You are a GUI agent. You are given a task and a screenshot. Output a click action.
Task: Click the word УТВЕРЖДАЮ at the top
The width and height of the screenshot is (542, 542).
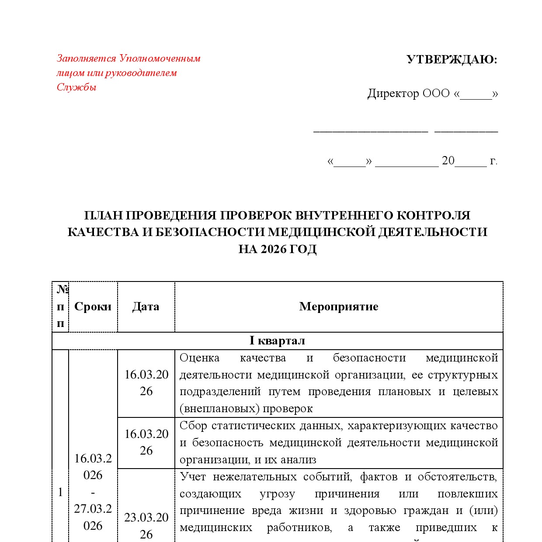click(452, 59)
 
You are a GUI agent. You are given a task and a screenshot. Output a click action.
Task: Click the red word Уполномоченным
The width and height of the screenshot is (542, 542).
click(160, 58)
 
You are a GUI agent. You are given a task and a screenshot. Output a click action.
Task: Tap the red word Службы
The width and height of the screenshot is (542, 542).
click(76, 87)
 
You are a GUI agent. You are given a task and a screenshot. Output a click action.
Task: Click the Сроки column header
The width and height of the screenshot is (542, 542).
click(93, 306)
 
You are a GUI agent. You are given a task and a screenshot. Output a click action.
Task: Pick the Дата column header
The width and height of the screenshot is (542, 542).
click(146, 306)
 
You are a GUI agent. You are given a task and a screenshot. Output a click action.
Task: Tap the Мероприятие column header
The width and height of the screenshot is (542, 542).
click(338, 306)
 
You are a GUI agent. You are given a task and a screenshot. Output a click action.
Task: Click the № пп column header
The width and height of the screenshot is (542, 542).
click(60, 306)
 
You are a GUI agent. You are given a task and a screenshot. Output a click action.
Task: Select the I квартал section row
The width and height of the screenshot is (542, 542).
click(277, 340)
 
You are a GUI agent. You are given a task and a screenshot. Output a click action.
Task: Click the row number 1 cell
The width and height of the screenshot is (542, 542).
click(60, 492)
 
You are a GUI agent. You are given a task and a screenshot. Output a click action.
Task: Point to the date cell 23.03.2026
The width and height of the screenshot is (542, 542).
click(146, 525)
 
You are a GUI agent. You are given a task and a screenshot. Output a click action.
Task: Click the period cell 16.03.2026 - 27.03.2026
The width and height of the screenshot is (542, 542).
click(93, 492)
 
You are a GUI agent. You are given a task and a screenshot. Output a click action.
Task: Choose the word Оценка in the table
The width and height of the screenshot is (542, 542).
click(199, 358)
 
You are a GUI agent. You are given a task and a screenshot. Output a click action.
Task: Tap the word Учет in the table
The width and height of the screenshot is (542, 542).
click(192, 476)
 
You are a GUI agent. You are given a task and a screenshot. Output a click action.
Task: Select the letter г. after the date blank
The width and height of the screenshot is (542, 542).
click(493, 161)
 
